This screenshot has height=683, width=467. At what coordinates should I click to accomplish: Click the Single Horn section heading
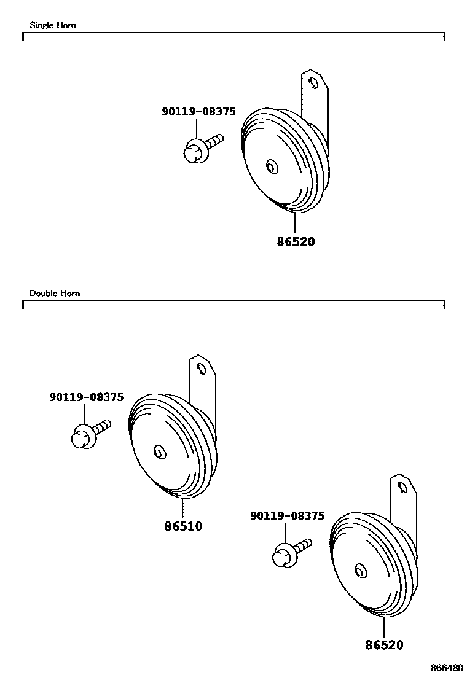[x=53, y=26]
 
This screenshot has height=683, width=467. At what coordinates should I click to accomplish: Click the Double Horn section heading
[x=55, y=293]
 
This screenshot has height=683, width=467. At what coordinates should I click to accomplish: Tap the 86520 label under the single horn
[x=295, y=242]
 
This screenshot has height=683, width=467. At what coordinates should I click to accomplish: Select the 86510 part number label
[x=183, y=526]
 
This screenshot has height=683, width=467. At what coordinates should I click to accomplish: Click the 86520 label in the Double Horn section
[x=384, y=645]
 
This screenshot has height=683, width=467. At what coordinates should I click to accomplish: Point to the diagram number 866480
[x=447, y=668]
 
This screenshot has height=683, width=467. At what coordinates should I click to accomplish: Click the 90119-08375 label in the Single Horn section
[x=198, y=112]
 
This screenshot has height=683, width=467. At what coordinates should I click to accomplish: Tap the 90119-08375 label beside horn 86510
[x=86, y=397]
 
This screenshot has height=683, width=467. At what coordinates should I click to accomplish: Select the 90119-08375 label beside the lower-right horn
[x=287, y=517]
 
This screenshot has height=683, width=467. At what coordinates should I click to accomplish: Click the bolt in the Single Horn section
[x=201, y=148]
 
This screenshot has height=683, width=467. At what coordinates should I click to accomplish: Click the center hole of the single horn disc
[x=272, y=166]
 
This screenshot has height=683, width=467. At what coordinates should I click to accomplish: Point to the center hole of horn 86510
[x=159, y=452]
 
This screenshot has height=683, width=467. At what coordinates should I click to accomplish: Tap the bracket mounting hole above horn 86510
[x=200, y=369]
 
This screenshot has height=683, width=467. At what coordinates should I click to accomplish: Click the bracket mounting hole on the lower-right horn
[x=401, y=487]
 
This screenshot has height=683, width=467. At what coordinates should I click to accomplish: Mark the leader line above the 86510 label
[x=182, y=509]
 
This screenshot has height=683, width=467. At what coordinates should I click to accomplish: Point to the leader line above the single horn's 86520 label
[x=295, y=223]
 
